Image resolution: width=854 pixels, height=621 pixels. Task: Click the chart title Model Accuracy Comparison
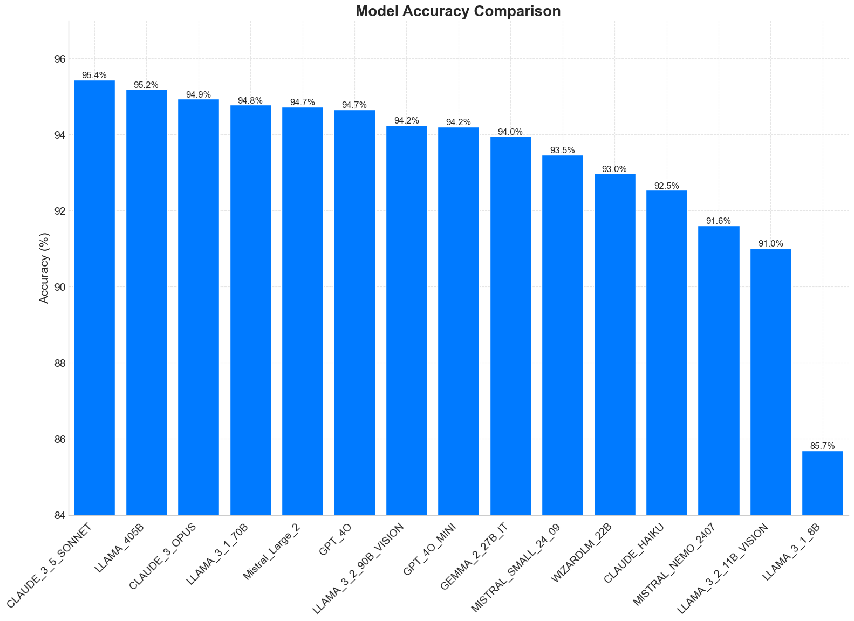pos(458,11)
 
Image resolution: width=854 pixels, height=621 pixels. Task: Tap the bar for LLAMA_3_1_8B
pos(822,483)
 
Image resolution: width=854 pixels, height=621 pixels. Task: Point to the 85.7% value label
pos(822,446)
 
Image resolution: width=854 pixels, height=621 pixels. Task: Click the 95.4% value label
pos(94,76)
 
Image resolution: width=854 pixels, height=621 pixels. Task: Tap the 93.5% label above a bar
pos(562,151)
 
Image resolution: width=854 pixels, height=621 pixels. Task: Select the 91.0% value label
pos(770,244)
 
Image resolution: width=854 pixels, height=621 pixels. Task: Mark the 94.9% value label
pos(199,94)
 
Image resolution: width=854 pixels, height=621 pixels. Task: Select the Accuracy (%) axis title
pos(45,268)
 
